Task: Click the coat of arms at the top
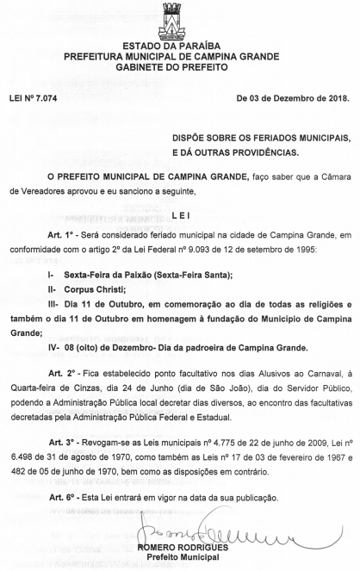180,18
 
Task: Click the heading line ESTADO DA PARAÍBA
180,45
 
